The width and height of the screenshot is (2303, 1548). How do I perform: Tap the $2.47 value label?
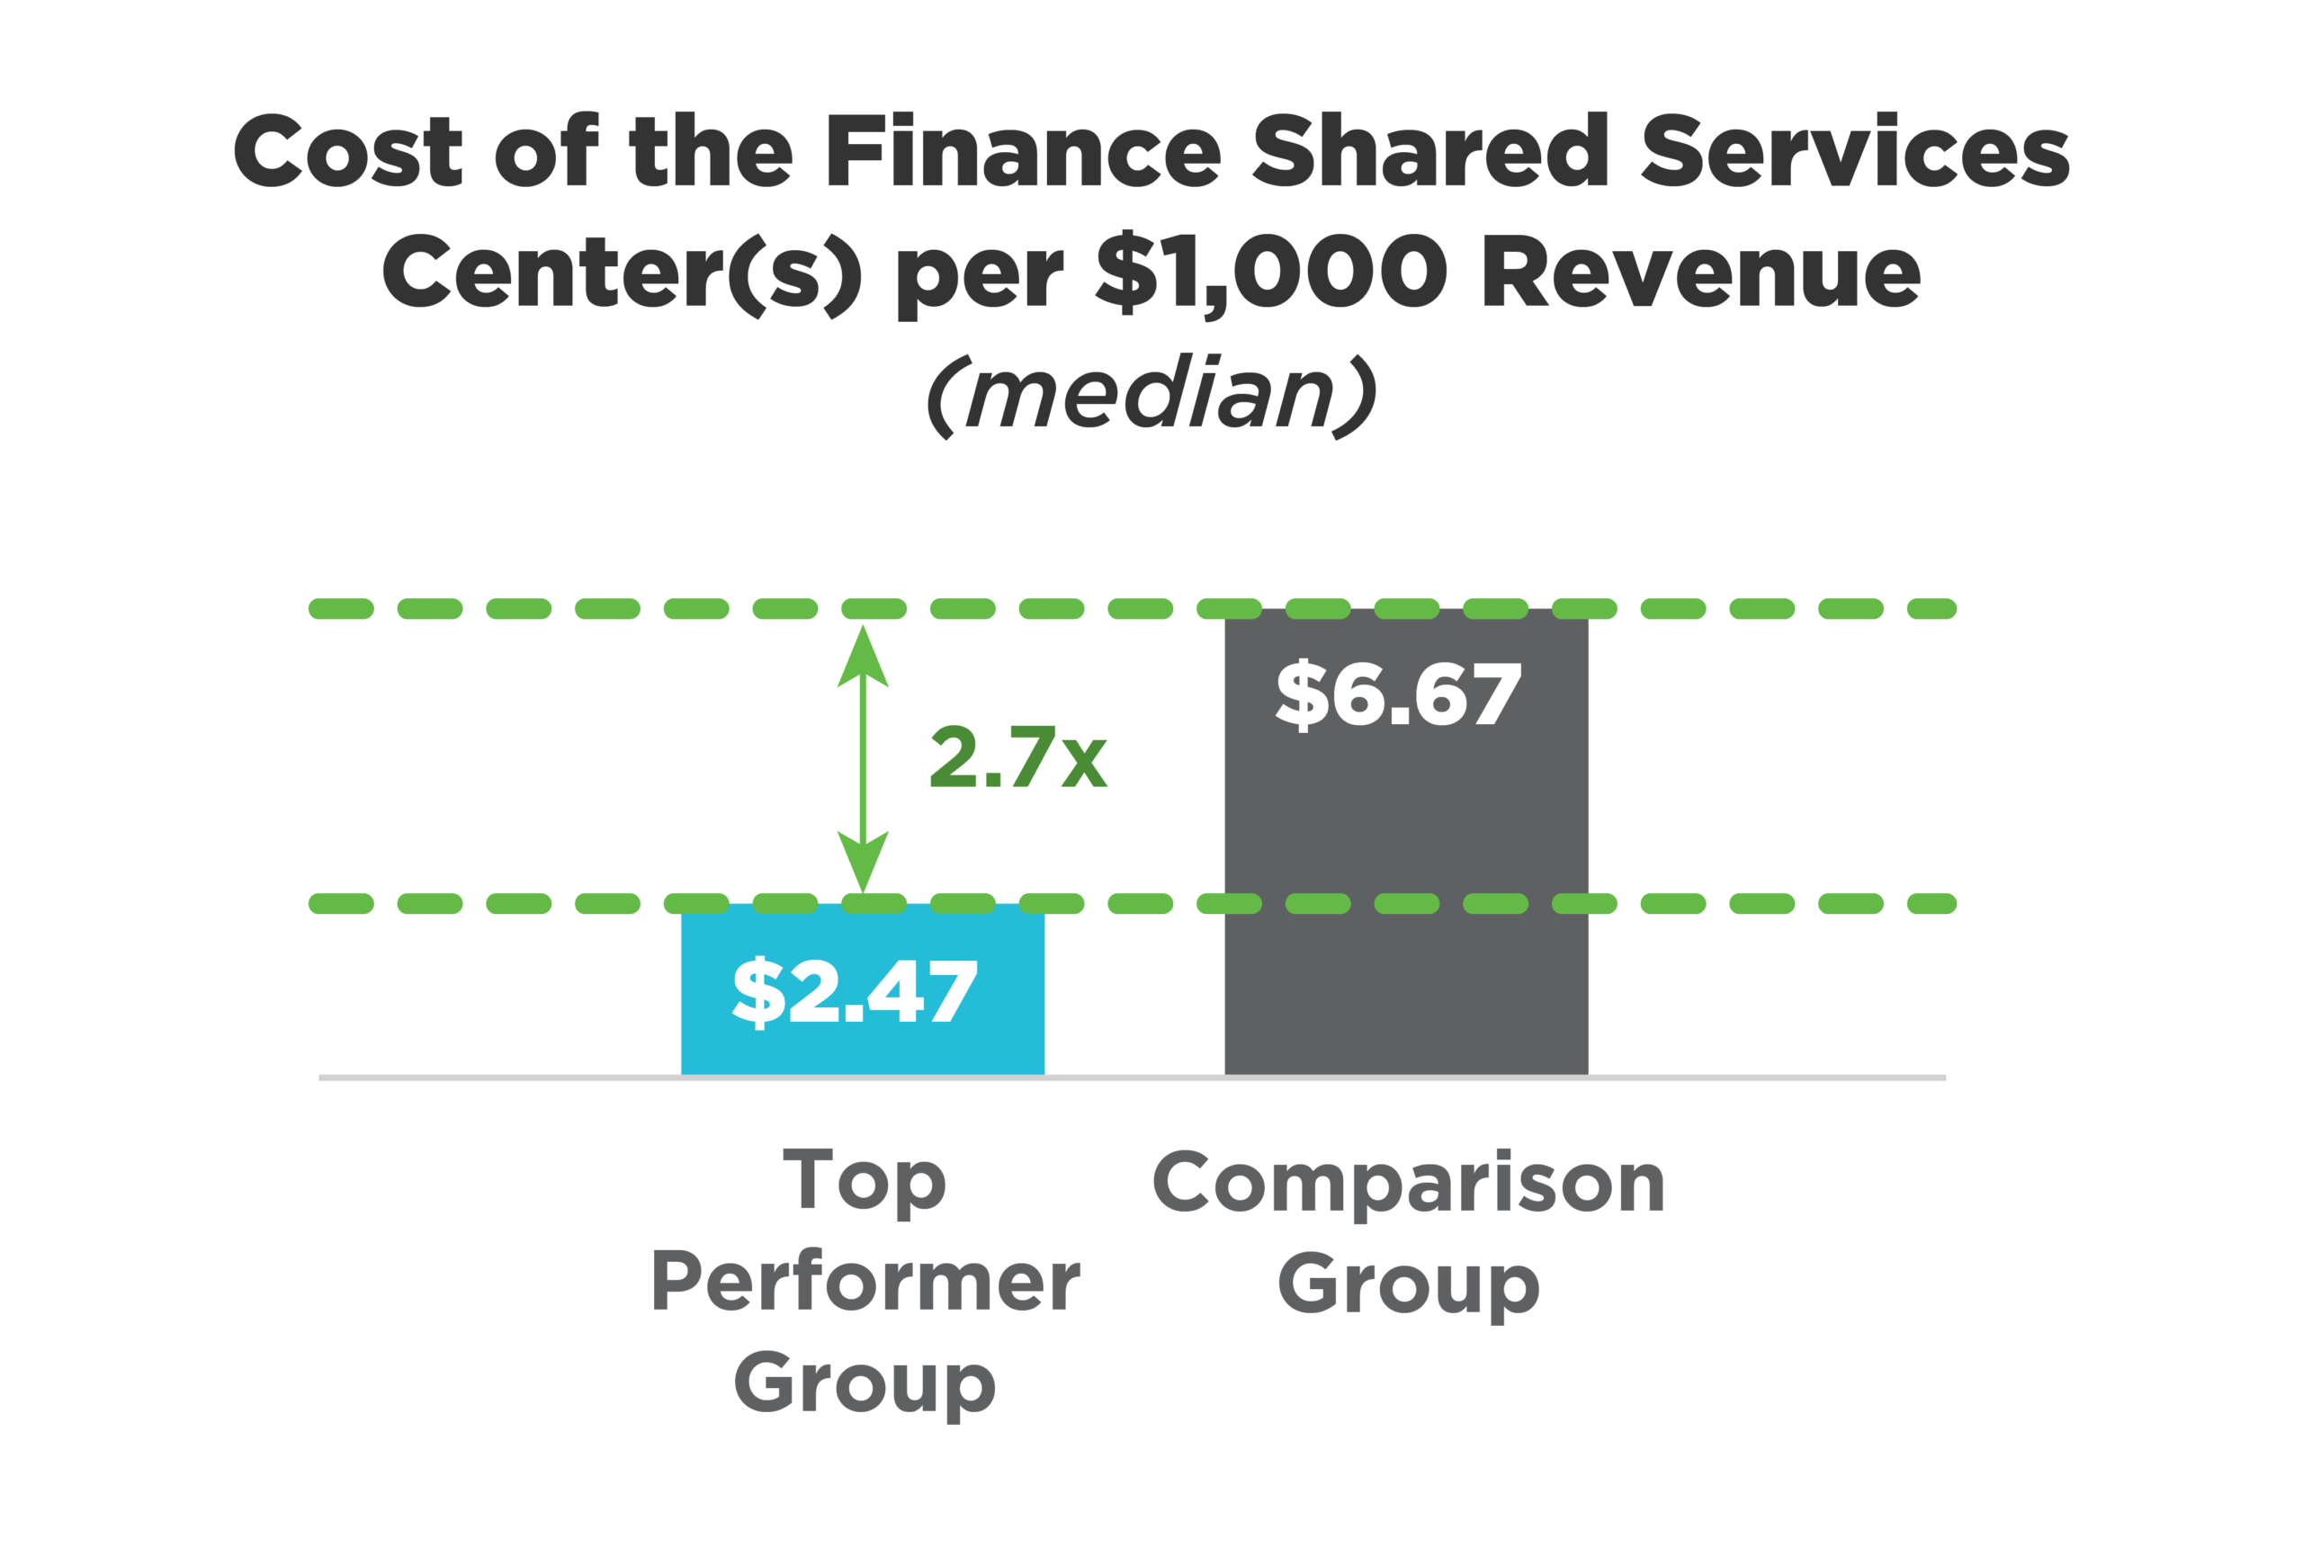click(x=854, y=992)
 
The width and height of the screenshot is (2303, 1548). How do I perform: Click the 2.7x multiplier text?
click(x=1017, y=757)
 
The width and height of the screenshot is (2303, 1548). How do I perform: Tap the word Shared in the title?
click(x=1430, y=150)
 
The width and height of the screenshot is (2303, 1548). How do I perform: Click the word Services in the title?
click(x=1855, y=150)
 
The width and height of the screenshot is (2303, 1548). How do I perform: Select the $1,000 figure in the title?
click(x=1271, y=272)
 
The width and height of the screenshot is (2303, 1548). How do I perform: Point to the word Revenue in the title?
click(x=1701, y=272)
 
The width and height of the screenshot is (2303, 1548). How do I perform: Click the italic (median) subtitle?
click(x=1151, y=395)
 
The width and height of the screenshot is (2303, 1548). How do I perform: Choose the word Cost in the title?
click(x=347, y=150)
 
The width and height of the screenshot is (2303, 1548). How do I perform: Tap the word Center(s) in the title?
click(x=622, y=272)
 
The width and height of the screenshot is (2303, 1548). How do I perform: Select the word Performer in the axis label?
click(x=865, y=1282)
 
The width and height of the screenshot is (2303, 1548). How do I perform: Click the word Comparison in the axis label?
click(x=1409, y=1183)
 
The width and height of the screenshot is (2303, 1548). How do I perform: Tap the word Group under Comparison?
click(x=1408, y=1285)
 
